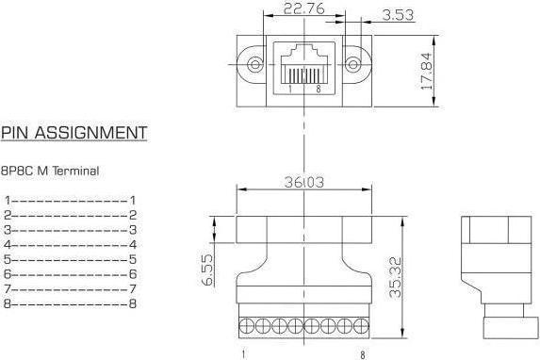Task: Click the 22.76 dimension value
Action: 303,8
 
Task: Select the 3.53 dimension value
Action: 398,15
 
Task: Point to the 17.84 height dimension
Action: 426,71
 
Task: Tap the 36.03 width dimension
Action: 304,182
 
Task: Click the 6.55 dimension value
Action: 207,270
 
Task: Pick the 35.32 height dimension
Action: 396,277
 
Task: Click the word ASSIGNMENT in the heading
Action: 90,133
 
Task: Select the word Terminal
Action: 75,171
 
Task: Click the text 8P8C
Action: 17,171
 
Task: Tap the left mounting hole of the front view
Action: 255,64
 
